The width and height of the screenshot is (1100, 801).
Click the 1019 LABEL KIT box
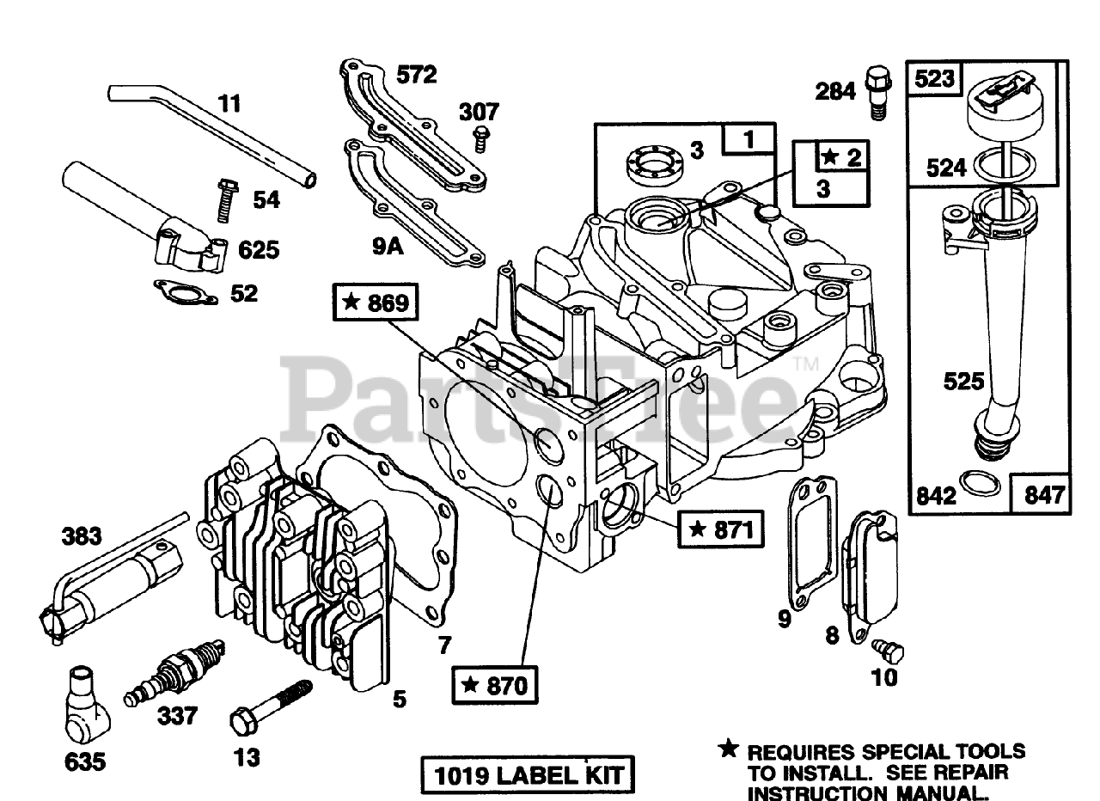527,776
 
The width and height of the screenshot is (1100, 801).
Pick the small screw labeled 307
481,135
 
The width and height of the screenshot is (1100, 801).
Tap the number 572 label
416,76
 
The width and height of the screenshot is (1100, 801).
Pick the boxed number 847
1044,494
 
